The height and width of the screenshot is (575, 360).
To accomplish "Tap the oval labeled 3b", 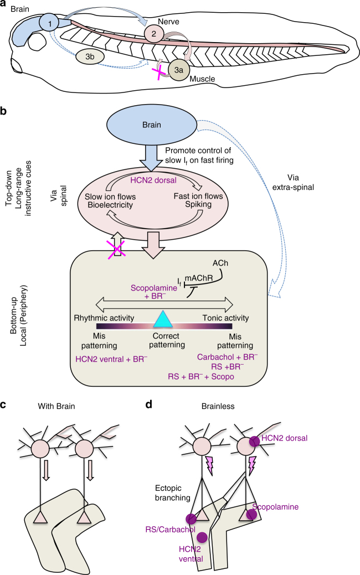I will point(88,56).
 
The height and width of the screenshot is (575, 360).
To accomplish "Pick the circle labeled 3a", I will point(179,70).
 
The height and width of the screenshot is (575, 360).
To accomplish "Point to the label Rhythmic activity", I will point(100,318).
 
